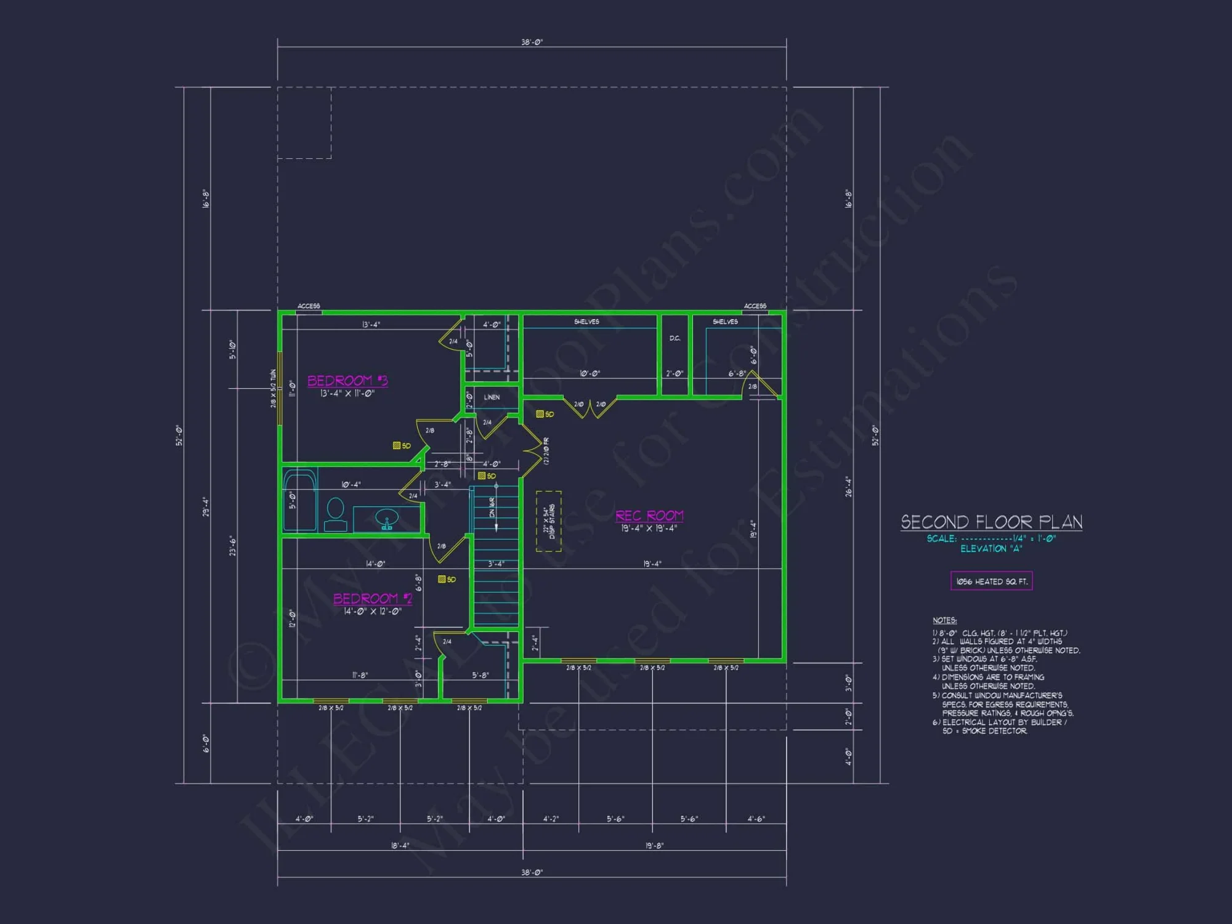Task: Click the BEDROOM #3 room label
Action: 347,381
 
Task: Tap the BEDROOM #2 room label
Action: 373,599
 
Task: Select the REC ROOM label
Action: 649,516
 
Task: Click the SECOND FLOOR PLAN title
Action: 991,522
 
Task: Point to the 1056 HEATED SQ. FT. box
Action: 991,581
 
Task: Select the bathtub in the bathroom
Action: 300,499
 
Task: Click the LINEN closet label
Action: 492,397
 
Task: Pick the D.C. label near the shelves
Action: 675,338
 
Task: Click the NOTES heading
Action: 944,620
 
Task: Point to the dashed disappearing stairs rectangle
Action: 548,521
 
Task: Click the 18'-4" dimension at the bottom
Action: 400,846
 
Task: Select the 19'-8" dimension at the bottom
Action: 654,846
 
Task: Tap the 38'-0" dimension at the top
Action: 532,43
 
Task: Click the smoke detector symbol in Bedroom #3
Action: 397,445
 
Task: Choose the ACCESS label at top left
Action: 309,306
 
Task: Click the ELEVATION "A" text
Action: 991,549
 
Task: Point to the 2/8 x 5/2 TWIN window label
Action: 273,388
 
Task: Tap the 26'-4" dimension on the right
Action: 848,486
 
